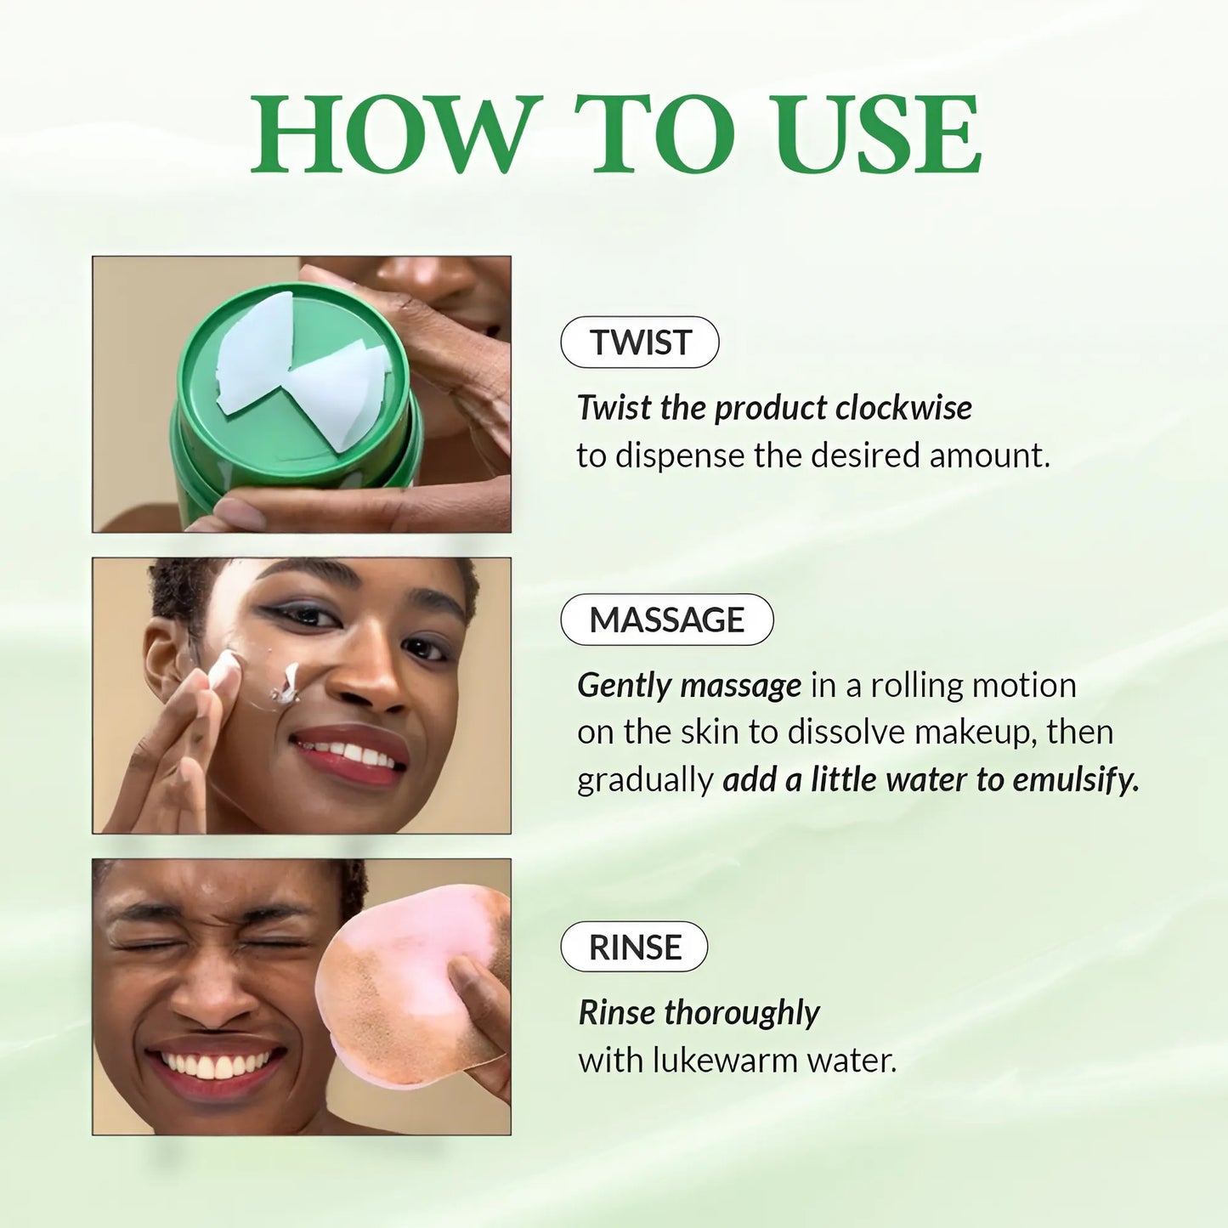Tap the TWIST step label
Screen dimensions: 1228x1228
click(x=640, y=342)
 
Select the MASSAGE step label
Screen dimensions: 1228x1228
click(x=667, y=620)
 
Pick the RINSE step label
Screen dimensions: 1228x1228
click(x=634, y=947)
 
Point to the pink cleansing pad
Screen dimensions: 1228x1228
click(x=408, y=986)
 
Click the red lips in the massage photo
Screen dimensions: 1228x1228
click(x=348, y=752)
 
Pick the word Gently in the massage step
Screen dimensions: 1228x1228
click(x=625, y=685)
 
